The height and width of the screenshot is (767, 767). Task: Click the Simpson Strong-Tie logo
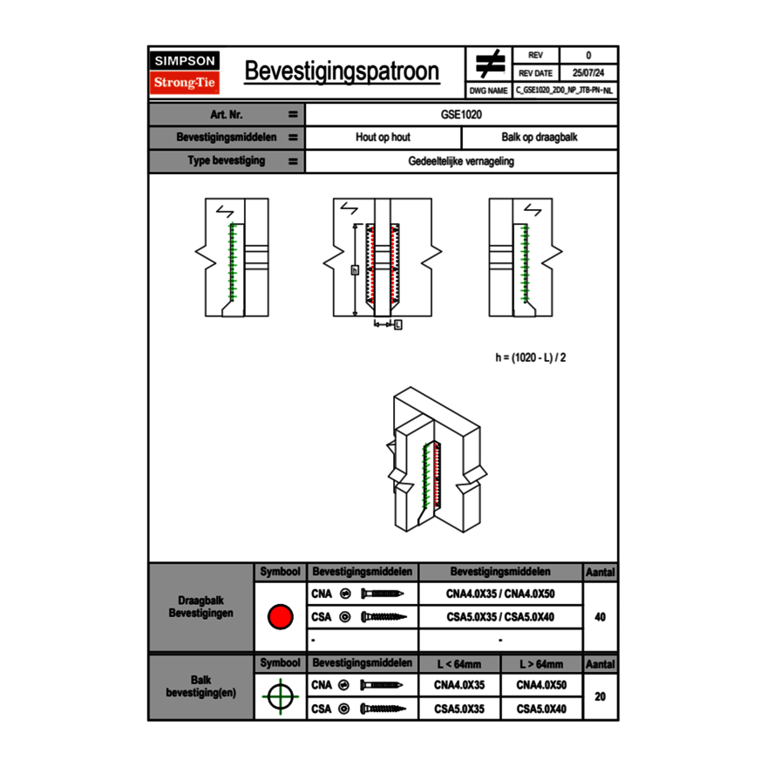click(185, 72)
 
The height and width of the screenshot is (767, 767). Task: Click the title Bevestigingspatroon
click(342, 71)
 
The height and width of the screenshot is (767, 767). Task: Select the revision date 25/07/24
click(588, 73)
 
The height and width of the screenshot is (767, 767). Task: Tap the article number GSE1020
click(462, 114)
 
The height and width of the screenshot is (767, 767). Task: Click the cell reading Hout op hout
click(383, 138)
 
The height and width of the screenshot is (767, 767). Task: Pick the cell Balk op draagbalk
click(540, 138)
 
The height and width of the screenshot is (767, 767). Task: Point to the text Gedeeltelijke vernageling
click(461, 161)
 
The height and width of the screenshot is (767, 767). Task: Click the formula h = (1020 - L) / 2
click(536, 357)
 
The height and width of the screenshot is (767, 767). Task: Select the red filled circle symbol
click(280, 617)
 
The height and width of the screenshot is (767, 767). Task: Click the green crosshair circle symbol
click(280, 697)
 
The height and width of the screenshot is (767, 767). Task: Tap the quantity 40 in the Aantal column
click(600, 617)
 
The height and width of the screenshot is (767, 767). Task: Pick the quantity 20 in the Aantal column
click(600, 697)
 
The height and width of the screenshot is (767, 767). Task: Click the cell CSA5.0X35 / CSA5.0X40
click(500, 617)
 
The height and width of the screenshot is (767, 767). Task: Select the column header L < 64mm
click(459, 664)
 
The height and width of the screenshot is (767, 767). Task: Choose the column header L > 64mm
click(541, 664)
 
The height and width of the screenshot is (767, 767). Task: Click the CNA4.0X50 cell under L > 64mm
click(541, 685)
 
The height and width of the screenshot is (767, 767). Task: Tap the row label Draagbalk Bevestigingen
click(201, 607)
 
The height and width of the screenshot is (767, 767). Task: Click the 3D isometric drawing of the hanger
click(433, 462)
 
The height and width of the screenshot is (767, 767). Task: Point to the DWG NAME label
click(488, 91)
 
